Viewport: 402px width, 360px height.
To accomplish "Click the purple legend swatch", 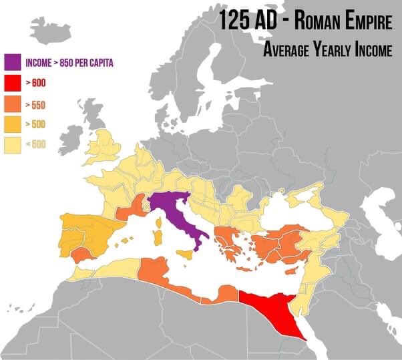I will pos(12,63).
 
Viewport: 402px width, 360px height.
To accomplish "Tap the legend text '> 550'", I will pos(35,105).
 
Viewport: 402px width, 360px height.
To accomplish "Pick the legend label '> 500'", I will pos(35,126).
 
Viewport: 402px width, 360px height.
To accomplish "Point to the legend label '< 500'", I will pos(35,146).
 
